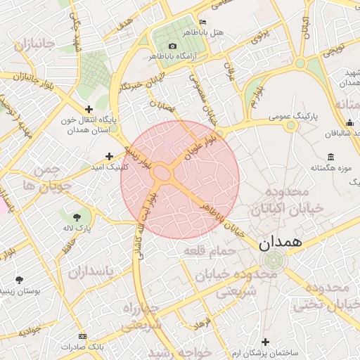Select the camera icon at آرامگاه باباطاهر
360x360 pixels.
click(172, 46)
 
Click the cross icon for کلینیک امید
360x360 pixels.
click(109, 156)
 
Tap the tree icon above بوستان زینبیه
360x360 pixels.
click(19, 279)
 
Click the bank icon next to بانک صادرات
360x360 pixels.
click(83, 336)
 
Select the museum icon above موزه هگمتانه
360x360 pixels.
click(330, 156)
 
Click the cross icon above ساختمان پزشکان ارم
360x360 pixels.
click(265, 341)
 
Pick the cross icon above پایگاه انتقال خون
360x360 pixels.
click(89, 109)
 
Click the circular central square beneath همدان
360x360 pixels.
click(273, 262)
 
